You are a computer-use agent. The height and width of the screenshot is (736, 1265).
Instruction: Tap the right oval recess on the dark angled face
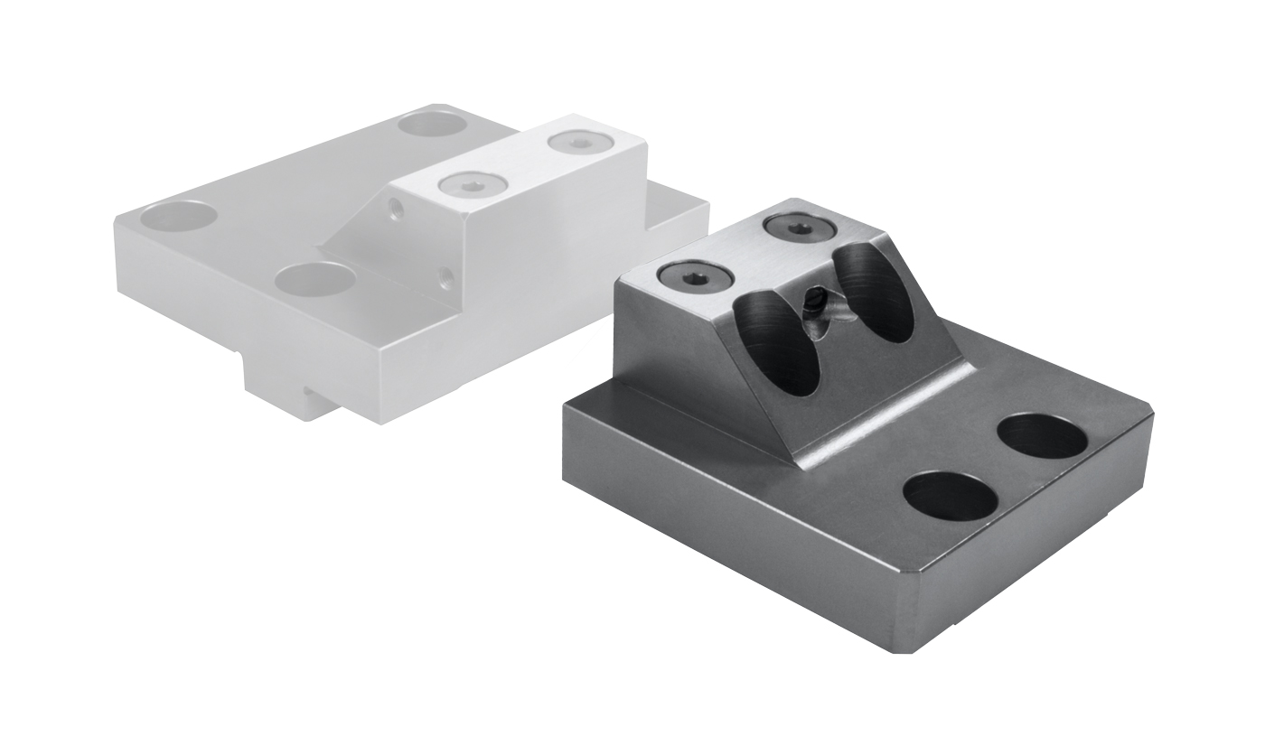(x=873, y=293)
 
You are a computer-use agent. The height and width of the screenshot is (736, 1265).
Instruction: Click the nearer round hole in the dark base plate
(x=950, y=495)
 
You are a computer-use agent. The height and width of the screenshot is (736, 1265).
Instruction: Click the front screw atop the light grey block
(x=472, y=183)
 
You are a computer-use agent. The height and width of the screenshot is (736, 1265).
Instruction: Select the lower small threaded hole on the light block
(x=445, y=274)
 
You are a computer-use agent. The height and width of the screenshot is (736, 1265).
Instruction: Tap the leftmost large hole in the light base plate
(x=180, y=215)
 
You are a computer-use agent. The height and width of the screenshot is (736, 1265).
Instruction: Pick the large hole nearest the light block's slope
(x=314, y=278)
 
